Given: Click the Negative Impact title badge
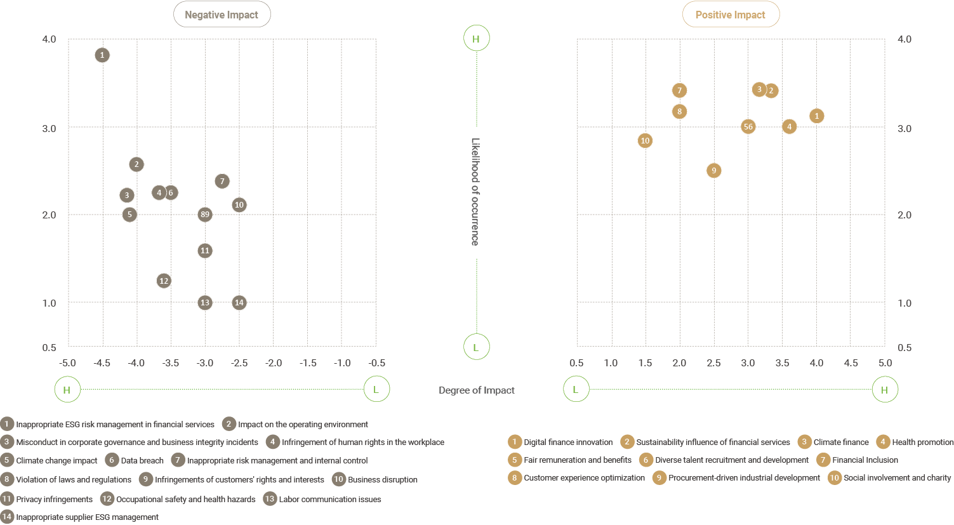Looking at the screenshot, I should (222, 15).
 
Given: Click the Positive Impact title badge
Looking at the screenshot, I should (731, 15).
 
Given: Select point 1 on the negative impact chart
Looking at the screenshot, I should (102, 55).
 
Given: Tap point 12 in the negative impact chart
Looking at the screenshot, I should (164, 281).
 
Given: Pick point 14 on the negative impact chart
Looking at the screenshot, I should (239, 303).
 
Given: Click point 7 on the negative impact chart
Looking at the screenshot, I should (222, 181).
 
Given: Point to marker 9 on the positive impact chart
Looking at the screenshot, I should (714, 170).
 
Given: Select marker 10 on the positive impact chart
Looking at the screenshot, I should (645, 140).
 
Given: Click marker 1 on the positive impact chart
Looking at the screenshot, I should (817, 116).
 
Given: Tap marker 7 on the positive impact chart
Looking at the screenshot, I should (679, 91).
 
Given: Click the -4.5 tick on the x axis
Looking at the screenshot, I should (102, 363).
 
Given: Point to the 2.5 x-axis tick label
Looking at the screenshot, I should (713, 363).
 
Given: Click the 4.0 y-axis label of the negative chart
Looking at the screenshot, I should (49, 39).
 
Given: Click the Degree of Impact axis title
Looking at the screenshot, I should (477, 390).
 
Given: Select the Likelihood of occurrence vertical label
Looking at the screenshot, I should (475, 192).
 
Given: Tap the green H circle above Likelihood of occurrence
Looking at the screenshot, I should (476, 39).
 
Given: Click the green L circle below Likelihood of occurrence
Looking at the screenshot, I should (476, 347).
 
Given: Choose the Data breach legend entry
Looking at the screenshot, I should (142, 460).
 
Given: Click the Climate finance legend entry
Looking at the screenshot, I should (840, 442).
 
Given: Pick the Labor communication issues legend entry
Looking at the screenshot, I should (329, 499).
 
